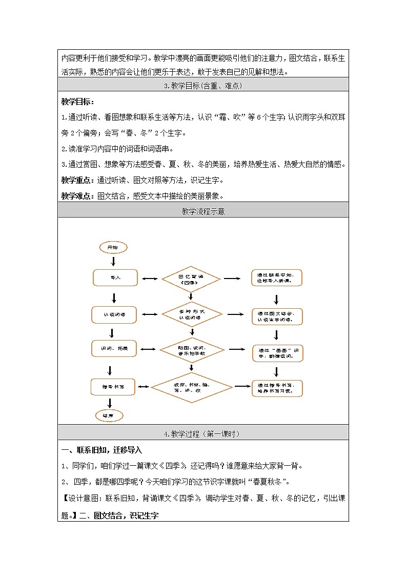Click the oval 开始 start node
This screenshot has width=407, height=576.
click(112, 248)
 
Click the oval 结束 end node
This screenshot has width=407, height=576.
click(109, 415)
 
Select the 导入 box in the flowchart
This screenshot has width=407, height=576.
click(115, 278)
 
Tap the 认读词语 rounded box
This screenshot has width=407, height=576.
click(114, 314)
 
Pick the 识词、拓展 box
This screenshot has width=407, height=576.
click(115, 349)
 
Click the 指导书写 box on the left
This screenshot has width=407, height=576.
click(113, 386)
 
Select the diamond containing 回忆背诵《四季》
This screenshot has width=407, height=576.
click(191, 280)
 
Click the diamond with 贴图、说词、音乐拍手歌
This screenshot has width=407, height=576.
click(192, 350)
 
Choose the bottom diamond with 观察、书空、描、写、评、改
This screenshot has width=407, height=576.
click(192, 387)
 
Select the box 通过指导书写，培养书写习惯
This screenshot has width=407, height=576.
click(277, 388)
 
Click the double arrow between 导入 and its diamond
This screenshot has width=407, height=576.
click(150, 279)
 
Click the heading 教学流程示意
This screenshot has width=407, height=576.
click(203, 211)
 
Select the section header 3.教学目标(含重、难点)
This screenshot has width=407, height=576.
click(203, 86)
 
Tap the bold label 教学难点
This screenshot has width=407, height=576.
click(77, 195)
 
